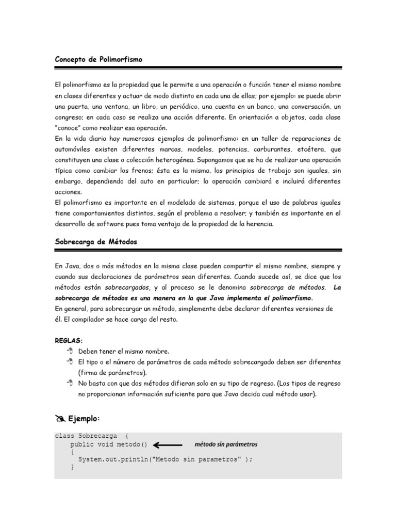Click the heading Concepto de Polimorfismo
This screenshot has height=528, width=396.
click(98, 60)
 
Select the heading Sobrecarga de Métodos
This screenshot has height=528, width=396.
click(96, 242)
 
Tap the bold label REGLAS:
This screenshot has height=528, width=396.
click(69, 341)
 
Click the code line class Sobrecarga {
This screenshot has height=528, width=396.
click(90, 436)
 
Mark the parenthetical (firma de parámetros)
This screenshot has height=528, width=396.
click(112, 372)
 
